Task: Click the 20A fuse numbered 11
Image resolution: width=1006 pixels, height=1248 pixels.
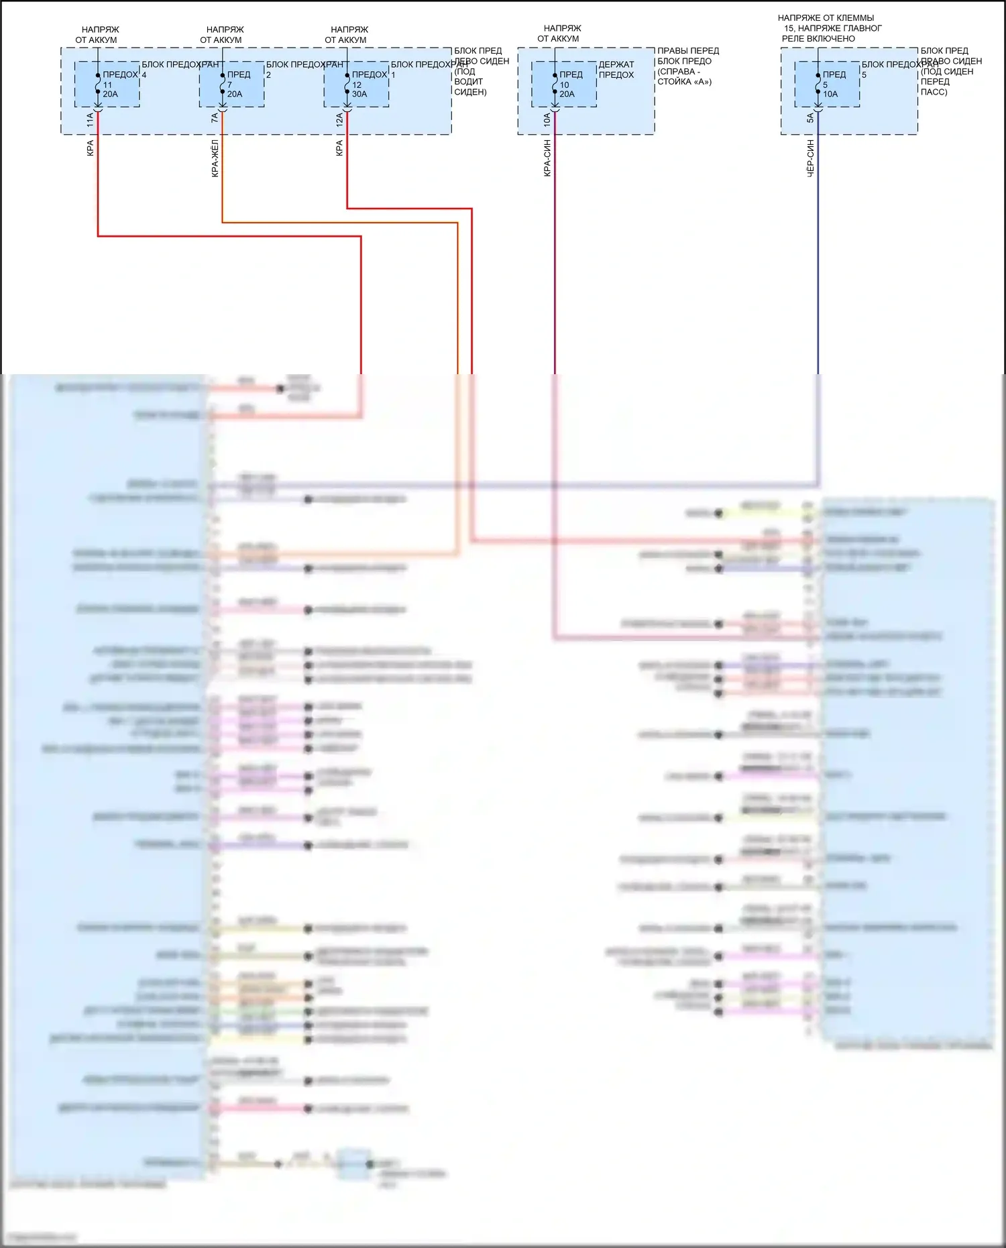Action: click(x=98, y=84)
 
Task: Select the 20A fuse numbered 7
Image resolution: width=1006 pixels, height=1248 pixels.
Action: click(x=223, y=84)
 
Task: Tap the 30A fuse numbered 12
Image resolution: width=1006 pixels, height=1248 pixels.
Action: click(x=347, y=84)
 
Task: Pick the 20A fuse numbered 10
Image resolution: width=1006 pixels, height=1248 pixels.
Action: click(x=555, y=84)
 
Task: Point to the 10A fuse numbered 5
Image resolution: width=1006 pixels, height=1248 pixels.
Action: click(x=818, y=84)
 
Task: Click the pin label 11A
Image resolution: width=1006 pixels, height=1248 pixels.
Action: click(x=91, y=120)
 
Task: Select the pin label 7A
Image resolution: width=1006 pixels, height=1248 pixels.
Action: click(x=215, y=118)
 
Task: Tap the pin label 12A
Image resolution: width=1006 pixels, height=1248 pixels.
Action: click(x=339, y=120)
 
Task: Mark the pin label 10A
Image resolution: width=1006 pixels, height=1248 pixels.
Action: click(x=547, y=120)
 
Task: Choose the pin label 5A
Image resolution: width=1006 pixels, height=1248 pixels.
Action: click(x=810, y=118)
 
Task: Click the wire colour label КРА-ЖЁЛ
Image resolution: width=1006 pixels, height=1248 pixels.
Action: click(x=215, y=158)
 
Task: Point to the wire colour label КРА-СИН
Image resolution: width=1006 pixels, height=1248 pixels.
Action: click(x=547, y=158)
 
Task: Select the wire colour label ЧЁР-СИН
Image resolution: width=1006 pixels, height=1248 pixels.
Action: click(x=810, y=158)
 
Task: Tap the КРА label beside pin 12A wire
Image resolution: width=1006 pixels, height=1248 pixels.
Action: click(x=339, y=148)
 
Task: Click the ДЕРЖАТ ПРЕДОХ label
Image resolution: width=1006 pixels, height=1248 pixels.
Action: click(x=616, y=70)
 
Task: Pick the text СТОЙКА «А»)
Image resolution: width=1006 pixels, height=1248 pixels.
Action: click(x=685, y=82)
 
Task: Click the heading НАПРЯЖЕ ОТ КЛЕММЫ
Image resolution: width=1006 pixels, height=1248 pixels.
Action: click(x=826, y=18)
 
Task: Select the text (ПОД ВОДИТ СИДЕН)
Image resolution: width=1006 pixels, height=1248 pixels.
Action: click(x=469, y=82)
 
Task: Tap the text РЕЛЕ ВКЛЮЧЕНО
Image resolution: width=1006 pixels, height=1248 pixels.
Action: click(x=818, y=39)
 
